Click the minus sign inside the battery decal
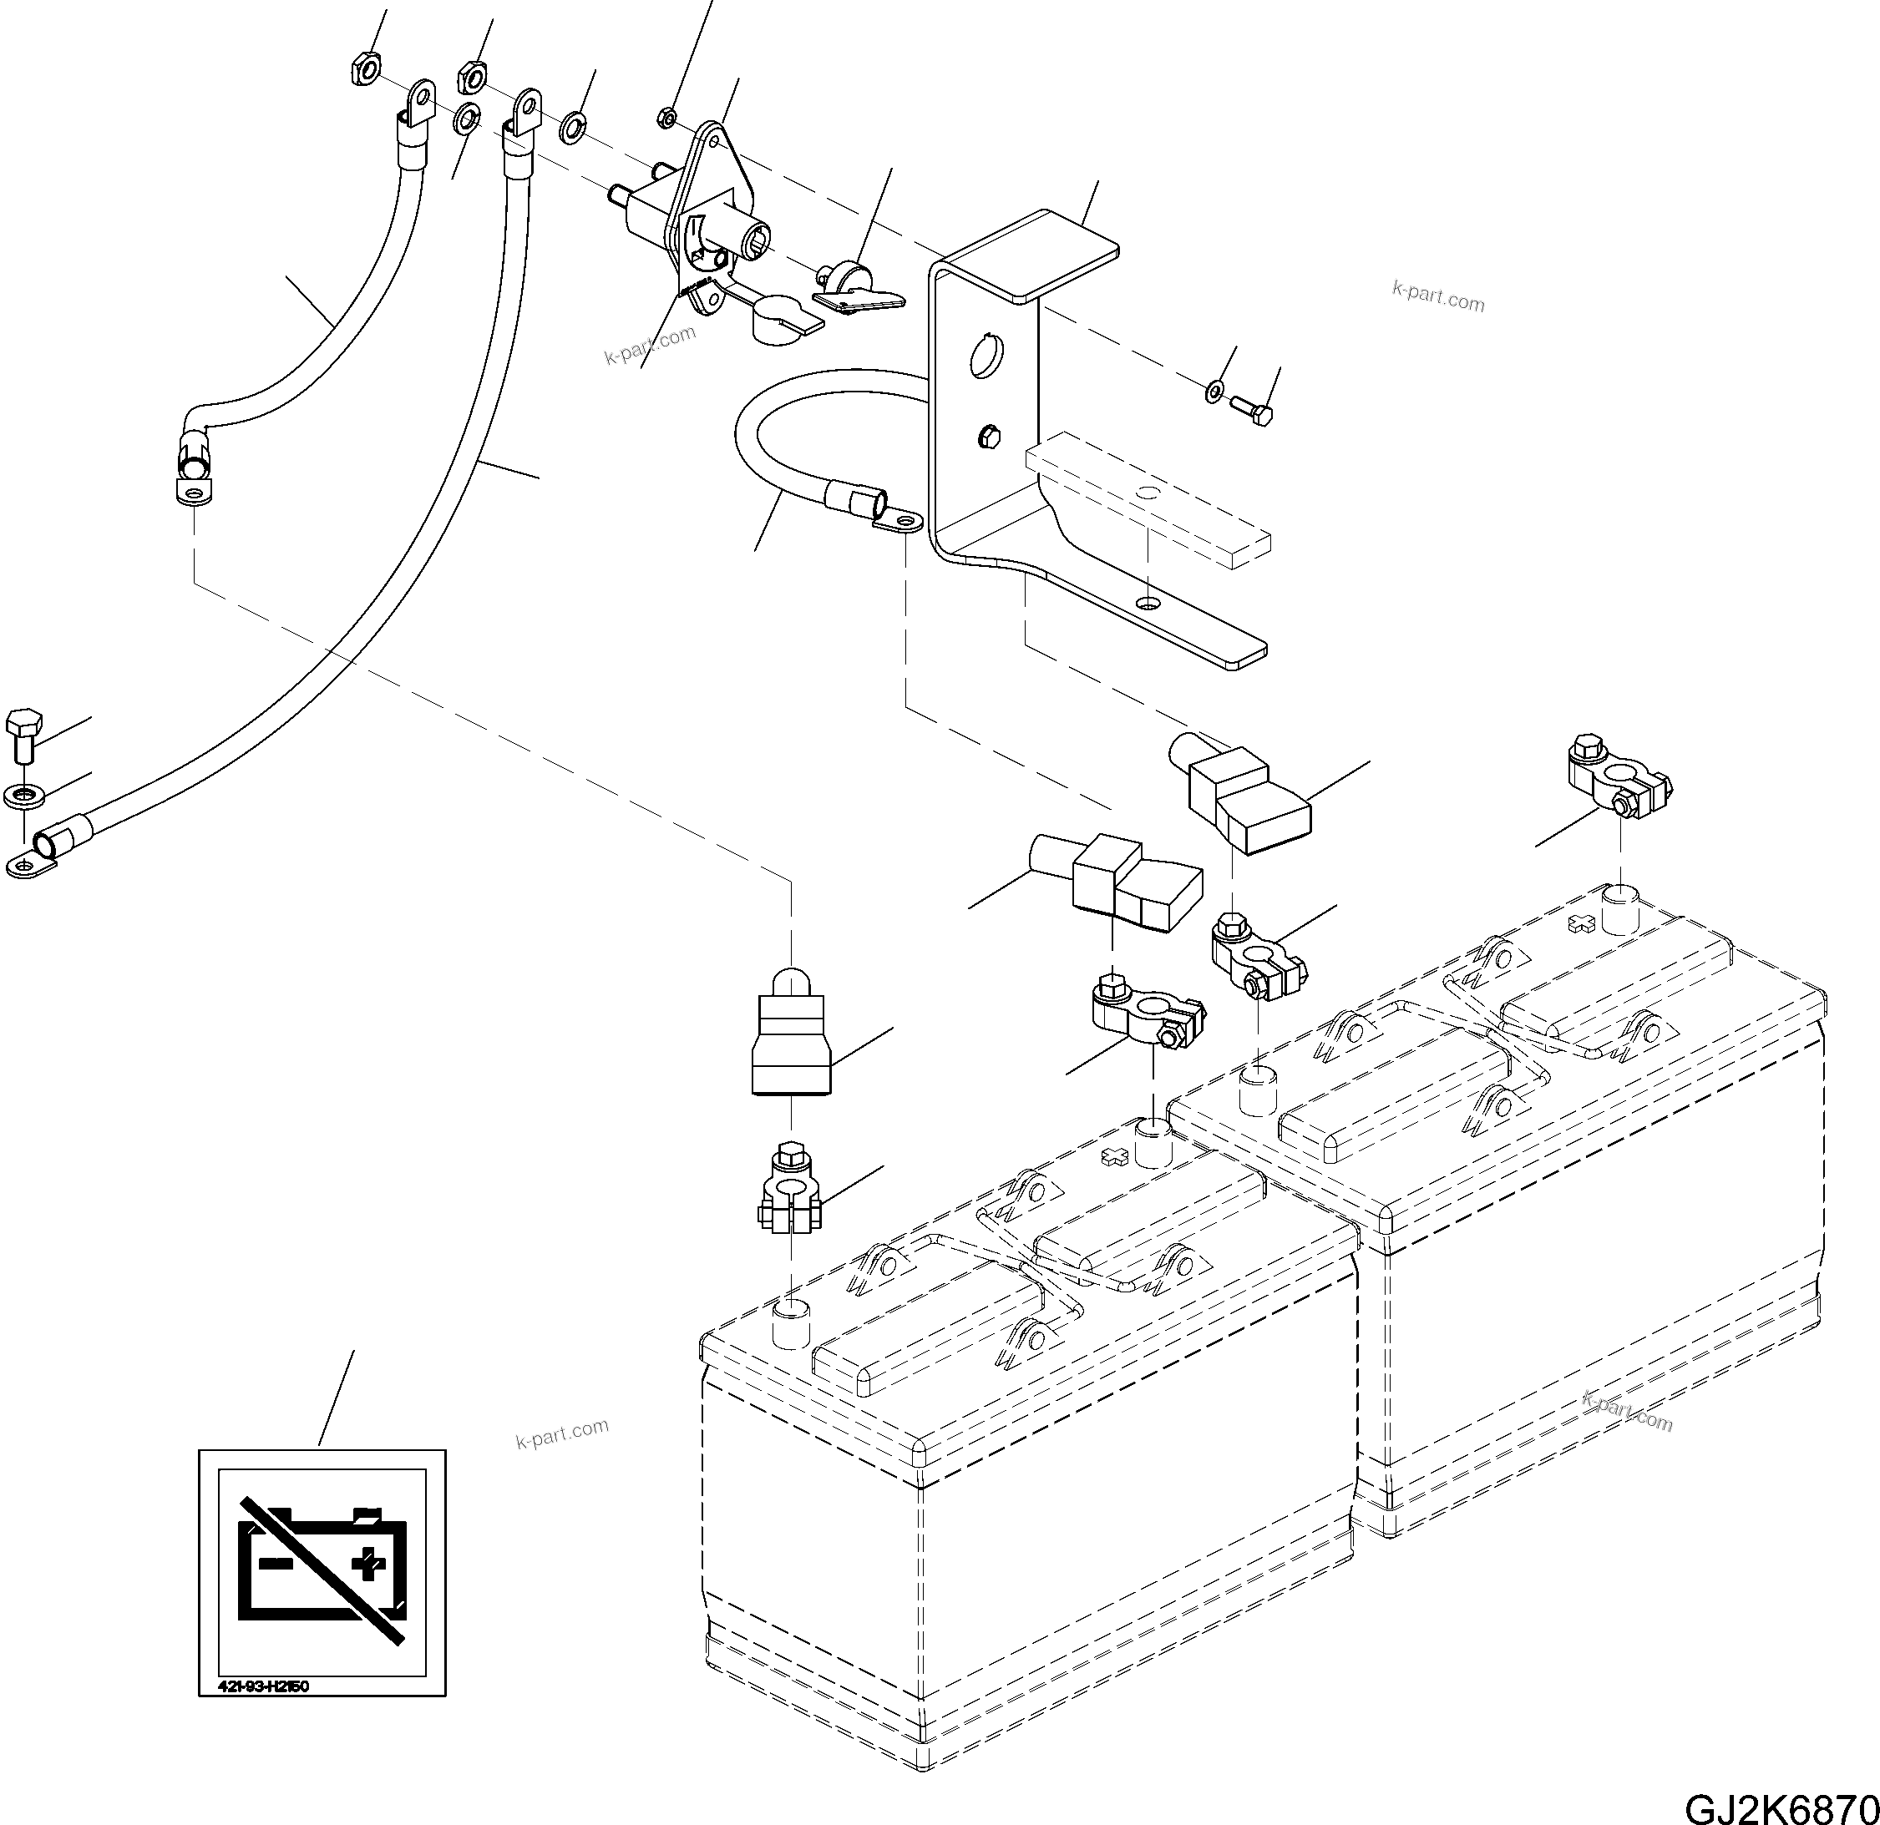276,1563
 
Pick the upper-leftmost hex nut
362,69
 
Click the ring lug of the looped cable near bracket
898,522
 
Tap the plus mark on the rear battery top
1581,924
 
